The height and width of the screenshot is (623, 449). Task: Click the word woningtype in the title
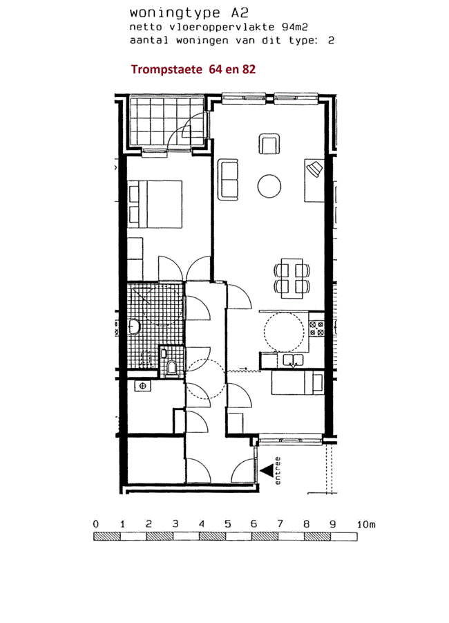point(175,13)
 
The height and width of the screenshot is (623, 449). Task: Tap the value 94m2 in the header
point(295,27)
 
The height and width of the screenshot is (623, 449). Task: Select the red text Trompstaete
point(166,69)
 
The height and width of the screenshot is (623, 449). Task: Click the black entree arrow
point(267,471)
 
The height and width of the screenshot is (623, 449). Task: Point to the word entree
point(278,471)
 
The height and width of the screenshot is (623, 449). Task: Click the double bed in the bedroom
point(155,204)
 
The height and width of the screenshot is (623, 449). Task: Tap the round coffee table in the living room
point(269,186)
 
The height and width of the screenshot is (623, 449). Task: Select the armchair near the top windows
point(269,144)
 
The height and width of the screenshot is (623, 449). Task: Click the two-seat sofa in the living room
point(228,179)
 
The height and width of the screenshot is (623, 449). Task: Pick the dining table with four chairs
point(292,278)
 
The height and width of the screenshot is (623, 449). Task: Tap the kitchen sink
point(293,360)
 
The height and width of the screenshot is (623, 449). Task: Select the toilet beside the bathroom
point(172,366)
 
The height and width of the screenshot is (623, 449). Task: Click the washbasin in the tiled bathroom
point(134,327)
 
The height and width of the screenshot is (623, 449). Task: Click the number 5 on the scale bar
point(227,524)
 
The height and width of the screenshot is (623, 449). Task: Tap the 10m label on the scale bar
point(366,524)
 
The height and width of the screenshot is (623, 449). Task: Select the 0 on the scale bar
point(96,524)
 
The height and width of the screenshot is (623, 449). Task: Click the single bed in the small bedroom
point(297,382)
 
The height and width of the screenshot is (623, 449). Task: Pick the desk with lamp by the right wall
point(314,180)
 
